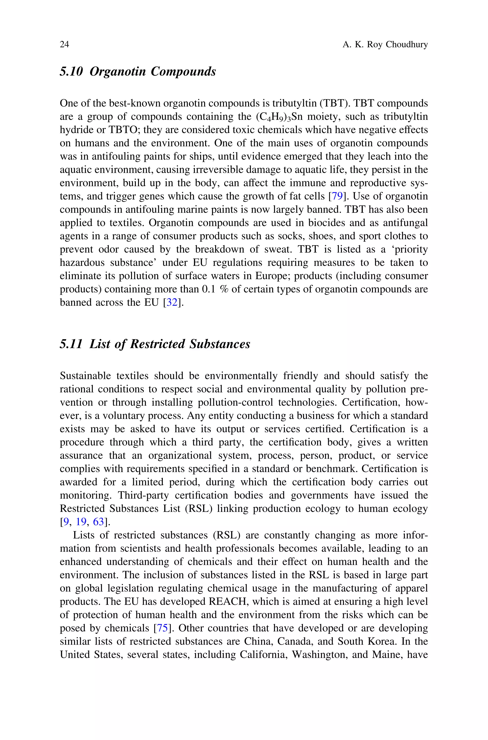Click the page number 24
(64, 45)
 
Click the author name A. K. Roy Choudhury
(385, 45)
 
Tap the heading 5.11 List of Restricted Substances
(155, 344)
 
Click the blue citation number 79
(337, 197)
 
